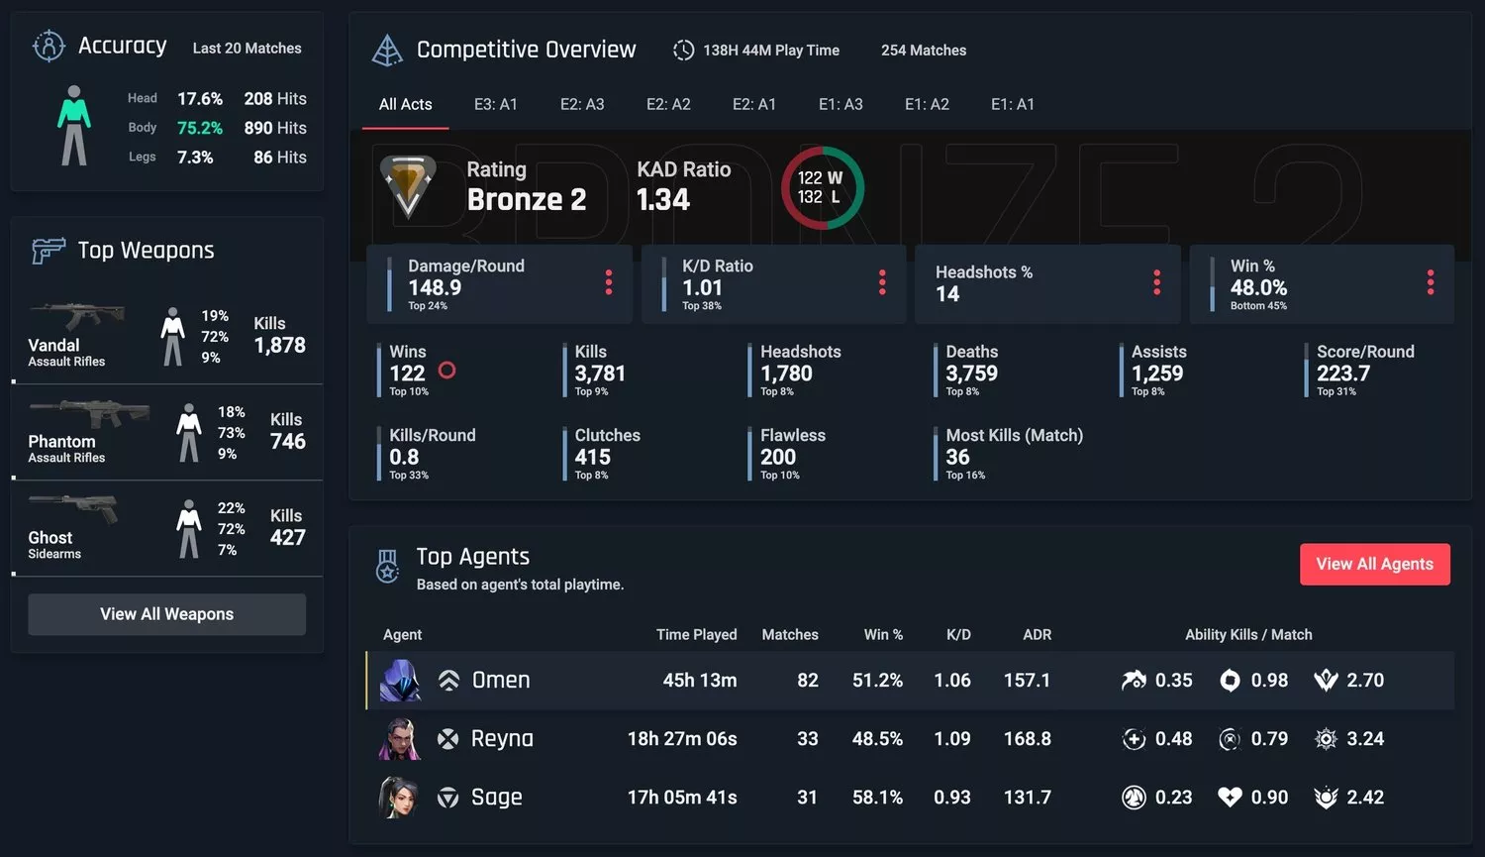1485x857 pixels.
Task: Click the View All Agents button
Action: [1374, 564]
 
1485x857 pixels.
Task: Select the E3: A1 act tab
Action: [495, 104]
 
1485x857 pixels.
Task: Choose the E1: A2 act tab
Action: [927, 104]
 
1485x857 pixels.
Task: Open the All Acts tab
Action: [405, 104]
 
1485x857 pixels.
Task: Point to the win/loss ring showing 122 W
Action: [822, 187]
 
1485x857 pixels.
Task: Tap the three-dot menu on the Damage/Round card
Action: [609, 283]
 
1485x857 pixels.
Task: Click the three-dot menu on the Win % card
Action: [1430, 283]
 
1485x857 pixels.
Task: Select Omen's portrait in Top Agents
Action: [401, 681]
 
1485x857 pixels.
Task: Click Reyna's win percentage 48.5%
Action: [877, 739]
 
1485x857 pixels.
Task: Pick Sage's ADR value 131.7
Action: [1027, 798]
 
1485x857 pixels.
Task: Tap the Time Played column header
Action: [696, 635]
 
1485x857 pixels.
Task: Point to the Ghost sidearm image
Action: [73, 509]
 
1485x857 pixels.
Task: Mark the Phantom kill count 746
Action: [288, 442]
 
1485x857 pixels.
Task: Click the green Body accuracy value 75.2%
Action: [200, 128]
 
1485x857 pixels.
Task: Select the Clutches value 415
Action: [593, 458]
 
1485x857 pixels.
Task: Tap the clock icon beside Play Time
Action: [683, 51]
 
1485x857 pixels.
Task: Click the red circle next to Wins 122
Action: [446, 371]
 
